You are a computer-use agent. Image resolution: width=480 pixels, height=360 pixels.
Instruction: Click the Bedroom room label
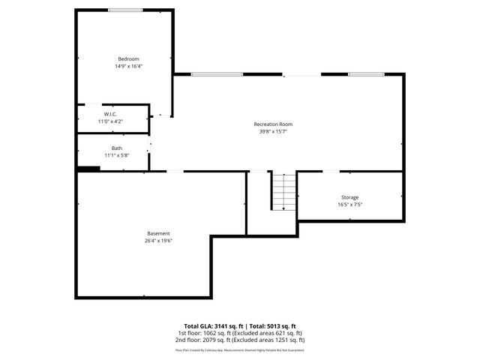point(128,59)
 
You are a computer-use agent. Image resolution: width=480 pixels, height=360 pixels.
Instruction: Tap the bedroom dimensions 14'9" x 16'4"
point(128,66)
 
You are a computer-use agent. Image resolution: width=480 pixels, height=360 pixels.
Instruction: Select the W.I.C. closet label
point(110,114)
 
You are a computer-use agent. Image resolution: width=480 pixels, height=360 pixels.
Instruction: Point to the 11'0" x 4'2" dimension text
point(110,121)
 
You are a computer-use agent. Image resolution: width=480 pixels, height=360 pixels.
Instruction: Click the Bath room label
point(117,148)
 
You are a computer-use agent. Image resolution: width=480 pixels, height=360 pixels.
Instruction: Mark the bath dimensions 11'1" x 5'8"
point(117,155)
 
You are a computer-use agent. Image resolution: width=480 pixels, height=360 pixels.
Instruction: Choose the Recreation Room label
point(273,124)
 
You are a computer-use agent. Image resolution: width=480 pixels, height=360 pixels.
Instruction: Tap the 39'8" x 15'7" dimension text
point(273,131)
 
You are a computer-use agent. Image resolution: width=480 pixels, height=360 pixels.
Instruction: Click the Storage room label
point(349,197)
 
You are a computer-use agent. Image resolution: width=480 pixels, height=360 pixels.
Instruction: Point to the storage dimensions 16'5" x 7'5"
point(349,204)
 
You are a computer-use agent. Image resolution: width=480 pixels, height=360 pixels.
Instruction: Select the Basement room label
point(158,233)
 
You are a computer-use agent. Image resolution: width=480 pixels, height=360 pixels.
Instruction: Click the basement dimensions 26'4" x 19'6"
point(158,241)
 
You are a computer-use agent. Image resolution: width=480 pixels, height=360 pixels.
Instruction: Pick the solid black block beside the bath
point(88,169)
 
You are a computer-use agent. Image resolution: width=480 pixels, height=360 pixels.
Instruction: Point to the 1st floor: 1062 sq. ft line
point(239,333)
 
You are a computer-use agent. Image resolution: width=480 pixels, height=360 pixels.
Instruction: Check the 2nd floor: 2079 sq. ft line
point(239,340)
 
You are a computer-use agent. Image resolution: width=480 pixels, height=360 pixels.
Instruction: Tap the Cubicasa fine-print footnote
point(239,349)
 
